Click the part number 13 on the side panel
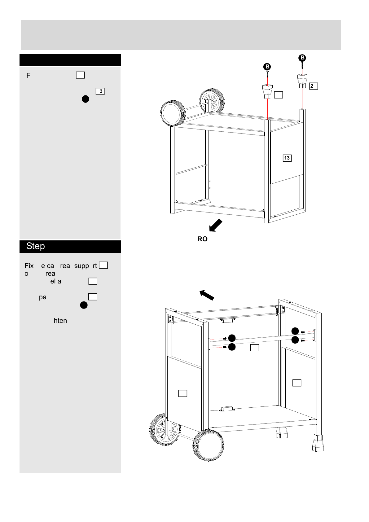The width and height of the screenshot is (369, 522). (287, 158)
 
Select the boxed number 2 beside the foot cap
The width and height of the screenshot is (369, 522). (313, 86)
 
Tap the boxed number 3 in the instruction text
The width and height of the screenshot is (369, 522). (100, 91)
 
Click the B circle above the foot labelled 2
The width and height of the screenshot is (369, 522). (302, 58)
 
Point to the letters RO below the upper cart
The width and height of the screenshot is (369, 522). (202, 239)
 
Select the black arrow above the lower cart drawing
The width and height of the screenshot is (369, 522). (207, 295)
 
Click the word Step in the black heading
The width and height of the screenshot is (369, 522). (35, 246)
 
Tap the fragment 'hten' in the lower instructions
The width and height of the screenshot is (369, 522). (60, 320)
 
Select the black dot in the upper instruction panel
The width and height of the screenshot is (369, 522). (86, 99)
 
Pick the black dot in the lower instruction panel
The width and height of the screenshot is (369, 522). (84, 305)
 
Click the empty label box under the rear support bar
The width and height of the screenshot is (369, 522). (255, 348)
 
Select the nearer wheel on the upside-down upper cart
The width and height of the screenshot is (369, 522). (172, 114)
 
